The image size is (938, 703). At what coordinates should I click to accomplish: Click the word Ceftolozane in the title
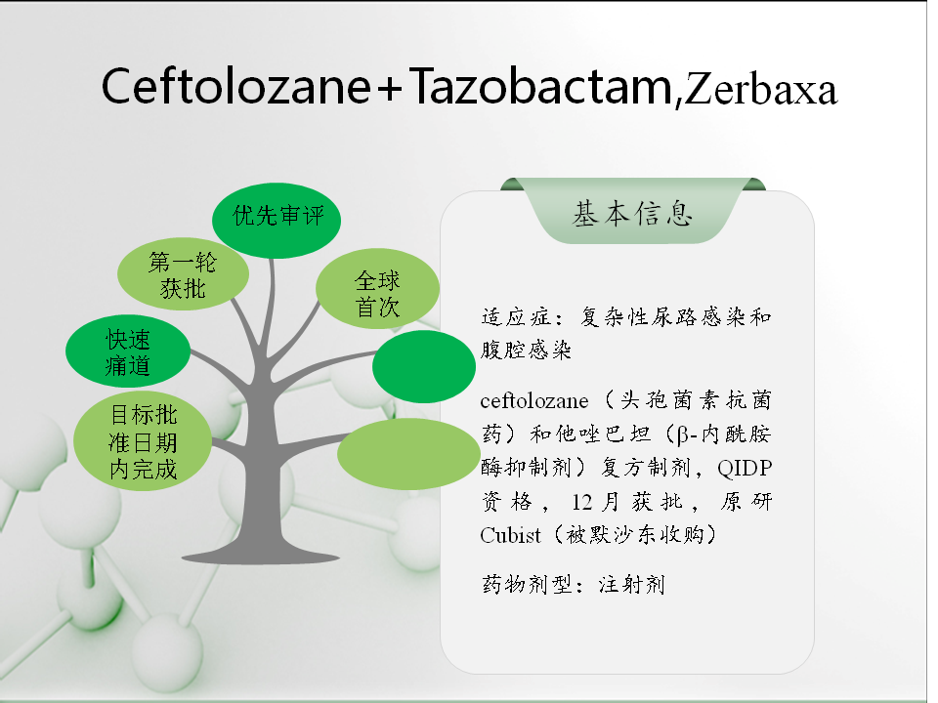click(x=236, y=86)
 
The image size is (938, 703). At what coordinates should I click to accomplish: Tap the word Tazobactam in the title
click(x=541, y=86)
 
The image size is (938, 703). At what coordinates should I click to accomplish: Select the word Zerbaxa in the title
click(x=760, y=90)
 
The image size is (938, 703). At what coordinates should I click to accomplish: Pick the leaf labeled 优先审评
click(x=277, y=220)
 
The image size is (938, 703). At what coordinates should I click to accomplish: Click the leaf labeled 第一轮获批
click(x=183, y=273)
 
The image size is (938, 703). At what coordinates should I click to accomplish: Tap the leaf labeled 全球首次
click(x=377, y=289)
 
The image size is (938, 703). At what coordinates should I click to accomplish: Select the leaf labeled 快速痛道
click(x=128, y=351)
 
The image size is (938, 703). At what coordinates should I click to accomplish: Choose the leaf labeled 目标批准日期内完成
click(x=143, y=441)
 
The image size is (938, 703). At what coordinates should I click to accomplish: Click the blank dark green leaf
click(x=424, y=366)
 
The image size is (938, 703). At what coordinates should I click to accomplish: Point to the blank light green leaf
click(x=409, y=454)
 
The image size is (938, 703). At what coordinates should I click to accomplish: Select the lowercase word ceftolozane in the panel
click(x=534, y=400)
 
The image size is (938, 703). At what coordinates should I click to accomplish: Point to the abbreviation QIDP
click(x=745, y=468)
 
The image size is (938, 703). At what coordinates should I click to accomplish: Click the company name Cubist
click(x=510, y=534)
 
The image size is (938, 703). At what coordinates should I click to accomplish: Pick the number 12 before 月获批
click(x=582, y=501)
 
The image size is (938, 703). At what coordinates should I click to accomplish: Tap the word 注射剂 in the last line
click(x=632, y=584)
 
